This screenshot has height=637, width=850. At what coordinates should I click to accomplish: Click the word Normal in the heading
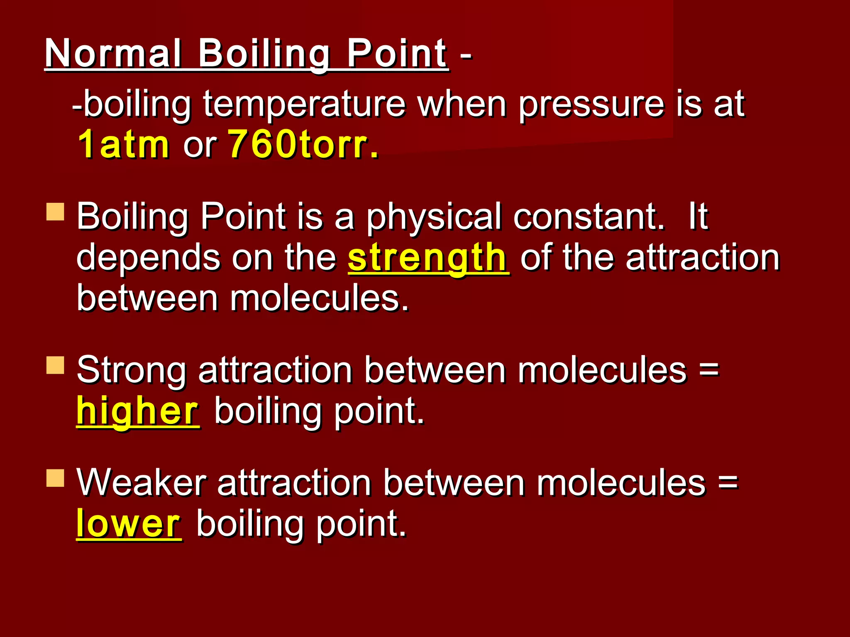pos(113,54)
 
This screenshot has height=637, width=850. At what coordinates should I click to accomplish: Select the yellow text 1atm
pos(123,144)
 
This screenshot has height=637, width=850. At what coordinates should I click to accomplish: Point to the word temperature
pos(304,105)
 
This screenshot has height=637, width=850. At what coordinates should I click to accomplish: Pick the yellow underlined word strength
pos(427,258)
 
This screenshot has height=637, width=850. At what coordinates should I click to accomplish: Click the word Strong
pos(131,370)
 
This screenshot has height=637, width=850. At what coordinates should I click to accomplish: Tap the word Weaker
pos(141,483)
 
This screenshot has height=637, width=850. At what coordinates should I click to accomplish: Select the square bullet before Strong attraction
pos(55,365)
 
